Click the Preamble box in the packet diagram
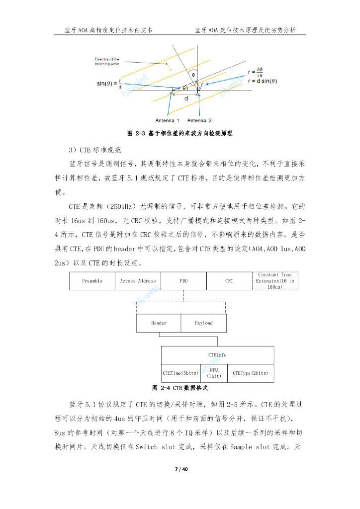(92, 281)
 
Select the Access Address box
(138, 281)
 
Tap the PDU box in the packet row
(183, 281)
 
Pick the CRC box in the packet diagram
(229, 281)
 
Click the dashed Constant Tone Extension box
(275, 281)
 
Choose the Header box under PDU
(159, 323)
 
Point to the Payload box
(203, 323)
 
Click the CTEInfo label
(217, 355)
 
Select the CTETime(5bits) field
(180, 373)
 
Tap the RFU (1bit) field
(214, 373)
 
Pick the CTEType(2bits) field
(250, 373)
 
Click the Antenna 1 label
(168, 121)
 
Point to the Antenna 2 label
(199, 121)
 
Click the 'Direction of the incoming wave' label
(107, 62)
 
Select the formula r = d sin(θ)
(262, 81)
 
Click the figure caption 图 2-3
(180, 134)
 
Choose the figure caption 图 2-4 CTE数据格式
(180, 388)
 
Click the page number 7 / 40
(180, 469)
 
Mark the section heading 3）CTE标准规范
(95, 150)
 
